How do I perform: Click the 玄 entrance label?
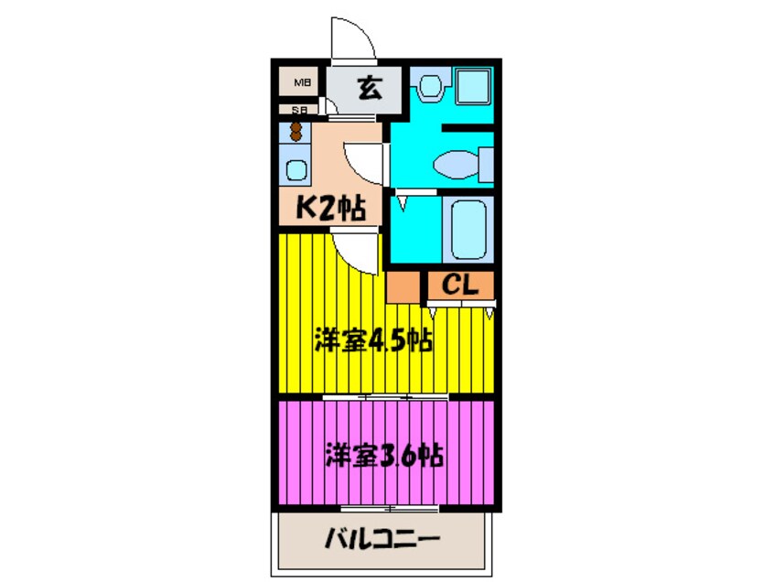click(x=368, y=90)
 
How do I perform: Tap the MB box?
click(x=300, y=84)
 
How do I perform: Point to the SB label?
click(x=298, y=111)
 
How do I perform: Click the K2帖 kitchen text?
click(x=329, y=209)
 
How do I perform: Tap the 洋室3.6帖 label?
click(x=384, y=455)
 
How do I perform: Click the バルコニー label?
click(x=383, y=537)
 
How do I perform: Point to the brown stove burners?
click(x=296, y=131)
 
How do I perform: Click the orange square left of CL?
click(x=403, y=286)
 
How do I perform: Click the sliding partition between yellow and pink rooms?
click(x=384, y=397)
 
